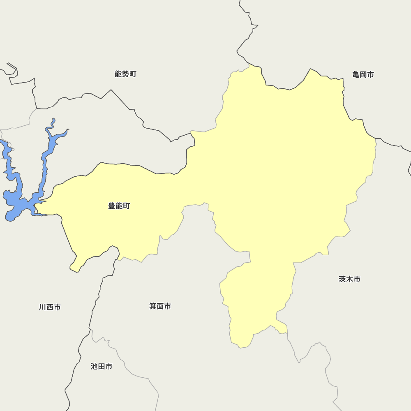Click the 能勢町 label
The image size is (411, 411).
pyautogui.click(x=125, y=74)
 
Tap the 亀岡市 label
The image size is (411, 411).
pyautogui.click(x=363, y=74)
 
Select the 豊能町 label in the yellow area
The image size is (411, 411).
pyautogui.click(x=119, y=206)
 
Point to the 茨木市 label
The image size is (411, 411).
pyautogui.click(x=350, y=279)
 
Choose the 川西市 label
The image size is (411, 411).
pyautogui.click(x=50, y=307)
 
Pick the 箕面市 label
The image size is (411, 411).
pyautogui.click(x=160, y=306)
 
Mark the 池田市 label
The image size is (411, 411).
pyautogui.click(x=102, y=366)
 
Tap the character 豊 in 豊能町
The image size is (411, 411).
pyautogui.click(x=112, y=206)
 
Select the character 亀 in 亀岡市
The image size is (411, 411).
pyautogui.click(x=356, y=74)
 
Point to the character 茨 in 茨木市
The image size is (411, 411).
pyautogui.click(x=343, y=279)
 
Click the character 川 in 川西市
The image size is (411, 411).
pyautogui.click(x=43, y=307)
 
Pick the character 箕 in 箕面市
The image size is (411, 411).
pyautogui.click(x=153, y=306)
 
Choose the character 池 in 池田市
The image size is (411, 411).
pyautogui.click(x=95, y=366)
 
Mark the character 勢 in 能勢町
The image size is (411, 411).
pyautogui.click(x=125, y=74)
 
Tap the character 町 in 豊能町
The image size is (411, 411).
pyautogui.click(x=126, y=206)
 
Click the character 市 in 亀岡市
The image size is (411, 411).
pyautogui.click(x=371, y=74)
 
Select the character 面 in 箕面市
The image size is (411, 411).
pyautogui.click(x=160, y=306)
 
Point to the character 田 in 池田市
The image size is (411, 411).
pyautogui.click(x=102, y=366)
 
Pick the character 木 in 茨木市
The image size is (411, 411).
pyautogui.click(x=350, y=279)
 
